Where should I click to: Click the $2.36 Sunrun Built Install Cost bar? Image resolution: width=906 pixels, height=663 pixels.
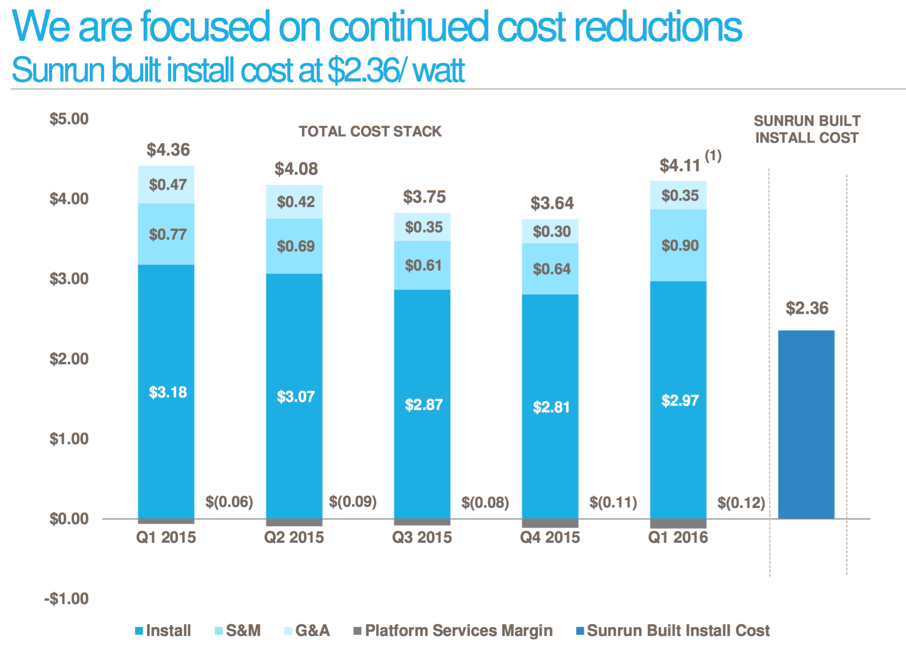click(x=806, y=424)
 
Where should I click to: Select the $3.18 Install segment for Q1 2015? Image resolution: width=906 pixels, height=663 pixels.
click(x=166, y=391)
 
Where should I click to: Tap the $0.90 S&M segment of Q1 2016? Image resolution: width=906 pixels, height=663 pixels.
click(x=679, y=245)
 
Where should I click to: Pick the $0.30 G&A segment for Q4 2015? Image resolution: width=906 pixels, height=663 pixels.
click(x=551, y=231)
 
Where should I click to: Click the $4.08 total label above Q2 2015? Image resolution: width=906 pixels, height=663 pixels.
click(x=296, y=169)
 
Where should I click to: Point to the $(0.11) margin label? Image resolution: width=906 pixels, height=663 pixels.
click(x=613, y=502)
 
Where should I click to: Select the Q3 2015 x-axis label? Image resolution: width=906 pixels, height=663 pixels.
click(x=422, y=537)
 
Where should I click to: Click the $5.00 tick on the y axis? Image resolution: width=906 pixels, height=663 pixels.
click(x=69, y=119)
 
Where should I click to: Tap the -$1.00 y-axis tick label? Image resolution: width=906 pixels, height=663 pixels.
click(x=67, y=599)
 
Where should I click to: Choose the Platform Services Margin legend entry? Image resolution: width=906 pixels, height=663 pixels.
click(x=453, y=631)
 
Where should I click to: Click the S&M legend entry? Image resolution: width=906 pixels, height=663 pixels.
click(x=238, y=631)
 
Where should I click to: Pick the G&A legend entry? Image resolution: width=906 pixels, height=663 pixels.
click(x=307, y=631)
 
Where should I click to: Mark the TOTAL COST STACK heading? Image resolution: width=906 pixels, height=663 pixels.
click(x=370, y=131)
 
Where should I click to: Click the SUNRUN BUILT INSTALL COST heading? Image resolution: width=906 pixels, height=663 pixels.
click(x=806, y=129)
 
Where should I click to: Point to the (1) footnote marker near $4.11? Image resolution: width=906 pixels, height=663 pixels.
click(x=713, y=156)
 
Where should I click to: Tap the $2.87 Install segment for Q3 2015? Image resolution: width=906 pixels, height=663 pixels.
click(x=423, y=405)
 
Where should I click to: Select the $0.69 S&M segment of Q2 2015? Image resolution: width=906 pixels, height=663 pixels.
click(x=295, y=246)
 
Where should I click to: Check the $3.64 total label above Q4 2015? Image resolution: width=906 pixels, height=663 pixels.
click(x=552, y=203)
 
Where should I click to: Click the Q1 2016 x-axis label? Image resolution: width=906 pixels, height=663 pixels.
click(x=678, y=537)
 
